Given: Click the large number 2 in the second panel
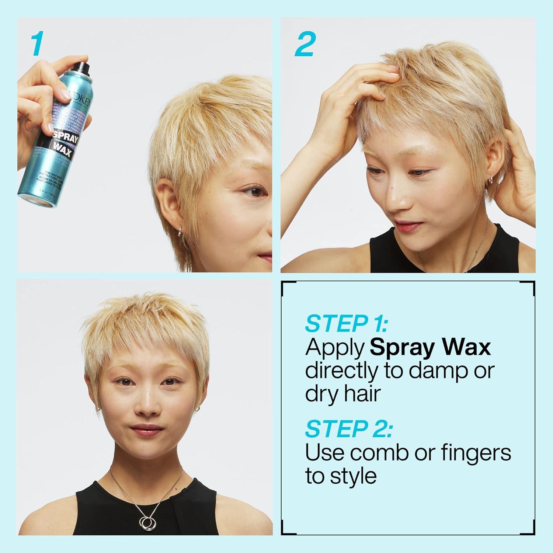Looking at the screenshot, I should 305,44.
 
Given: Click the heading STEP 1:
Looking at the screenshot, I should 347,324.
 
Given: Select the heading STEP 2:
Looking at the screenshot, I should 349,429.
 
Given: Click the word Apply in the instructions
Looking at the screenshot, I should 335,348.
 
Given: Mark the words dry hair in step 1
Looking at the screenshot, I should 342,394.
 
